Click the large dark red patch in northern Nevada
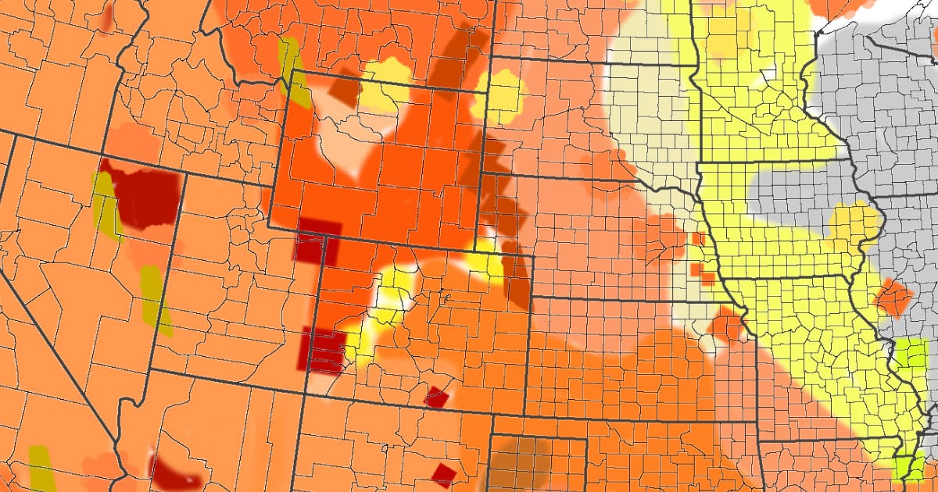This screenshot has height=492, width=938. (145, 195)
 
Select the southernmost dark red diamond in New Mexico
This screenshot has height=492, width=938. (444, 473)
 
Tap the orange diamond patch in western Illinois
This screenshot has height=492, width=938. (893, 298)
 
